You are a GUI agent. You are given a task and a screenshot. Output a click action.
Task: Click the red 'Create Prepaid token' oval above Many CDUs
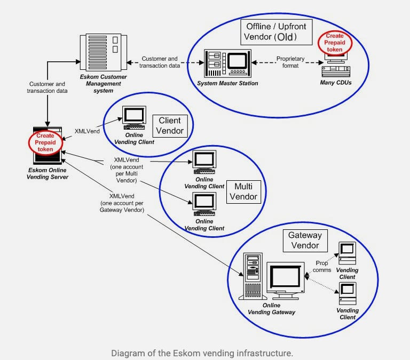pos(335,43)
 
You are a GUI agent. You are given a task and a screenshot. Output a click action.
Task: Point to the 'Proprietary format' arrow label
pos(290,61)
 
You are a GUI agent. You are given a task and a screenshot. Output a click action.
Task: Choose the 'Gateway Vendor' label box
pos(304,240)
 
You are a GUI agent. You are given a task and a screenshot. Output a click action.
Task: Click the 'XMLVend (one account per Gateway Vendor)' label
pos(122,203)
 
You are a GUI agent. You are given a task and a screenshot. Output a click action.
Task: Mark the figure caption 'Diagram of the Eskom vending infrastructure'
pos(202,353)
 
